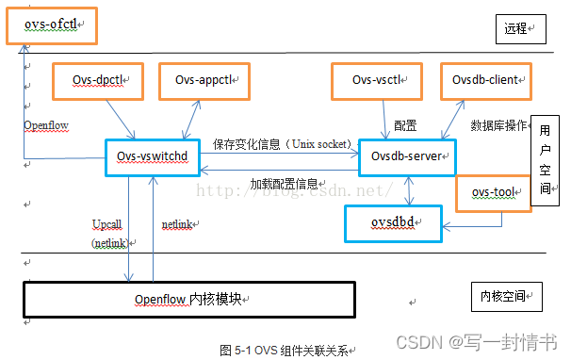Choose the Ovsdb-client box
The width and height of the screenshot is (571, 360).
(486, 81)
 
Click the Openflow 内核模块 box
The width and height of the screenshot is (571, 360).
(188, 299)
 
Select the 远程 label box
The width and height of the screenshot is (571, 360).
(515, 29)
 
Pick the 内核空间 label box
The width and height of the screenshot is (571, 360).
(504, 296)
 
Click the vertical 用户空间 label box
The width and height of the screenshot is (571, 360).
(545, 161)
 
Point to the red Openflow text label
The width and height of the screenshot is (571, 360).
(46, 125)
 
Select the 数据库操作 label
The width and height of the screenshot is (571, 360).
(498, 125)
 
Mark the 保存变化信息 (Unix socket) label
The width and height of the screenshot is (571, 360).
(283, 143)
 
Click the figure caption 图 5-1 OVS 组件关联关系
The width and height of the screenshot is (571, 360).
(285, 350)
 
